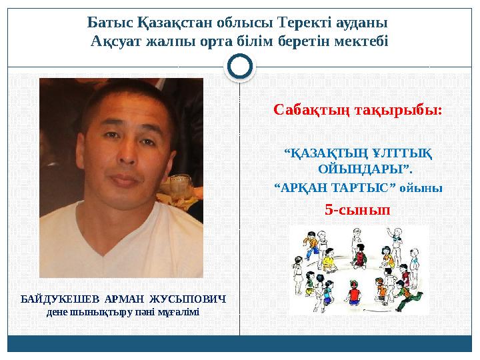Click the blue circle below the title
(240, 66)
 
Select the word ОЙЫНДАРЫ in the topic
(361, 167)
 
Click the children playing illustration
(357, 267)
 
